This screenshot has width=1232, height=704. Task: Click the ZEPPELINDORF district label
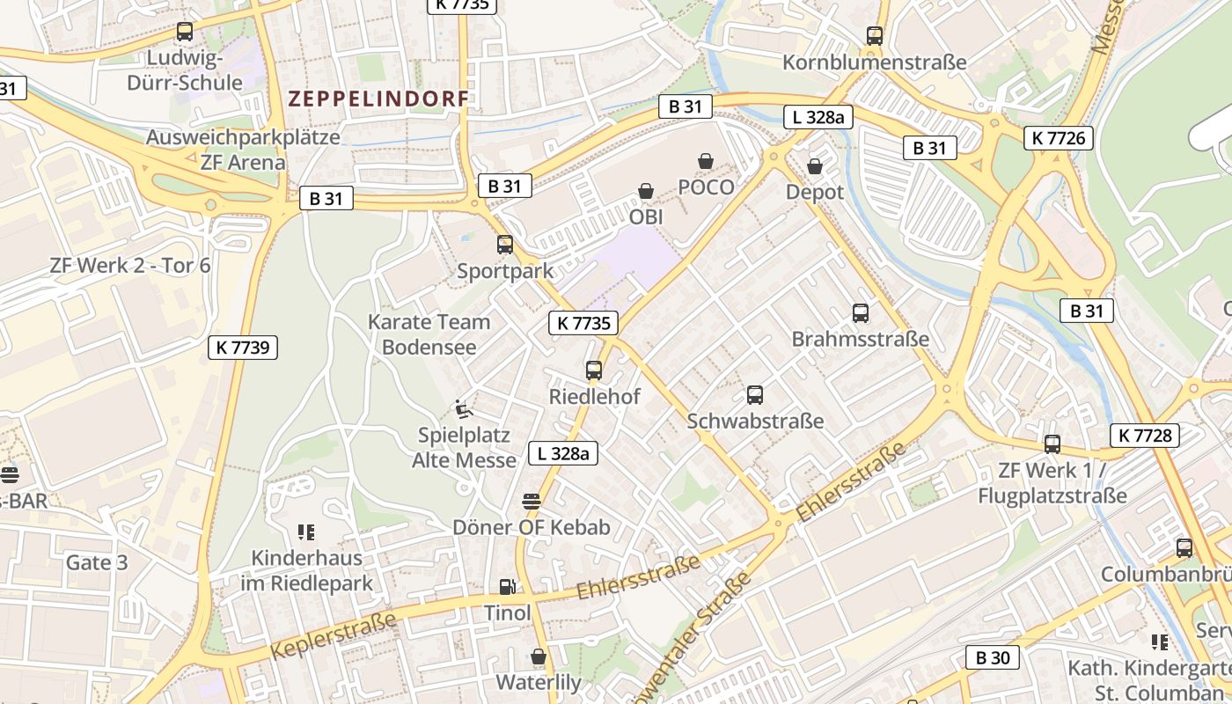378,99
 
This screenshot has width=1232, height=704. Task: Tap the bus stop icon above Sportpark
504,245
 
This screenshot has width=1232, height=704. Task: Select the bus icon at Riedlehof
594,370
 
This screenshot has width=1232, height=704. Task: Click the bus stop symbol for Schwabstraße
754,395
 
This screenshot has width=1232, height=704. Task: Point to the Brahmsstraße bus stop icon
860,312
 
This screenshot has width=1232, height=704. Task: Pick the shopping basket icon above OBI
646,191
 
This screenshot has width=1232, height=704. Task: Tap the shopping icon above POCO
705,161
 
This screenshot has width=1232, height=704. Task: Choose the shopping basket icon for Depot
815,165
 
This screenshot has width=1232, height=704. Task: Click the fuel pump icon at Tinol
507,586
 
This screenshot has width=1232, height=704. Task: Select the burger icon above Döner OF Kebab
531,502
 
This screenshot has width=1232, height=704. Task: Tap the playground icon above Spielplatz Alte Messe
464,409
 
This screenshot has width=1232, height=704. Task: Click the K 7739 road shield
243,348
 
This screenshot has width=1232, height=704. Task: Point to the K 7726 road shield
1059,138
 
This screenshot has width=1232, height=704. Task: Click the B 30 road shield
992,657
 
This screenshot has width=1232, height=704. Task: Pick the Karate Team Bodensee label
429,334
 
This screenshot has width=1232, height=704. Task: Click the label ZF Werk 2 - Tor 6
130,265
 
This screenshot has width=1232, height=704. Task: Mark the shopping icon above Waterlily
539,656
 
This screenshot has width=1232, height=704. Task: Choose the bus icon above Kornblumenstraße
874,36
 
